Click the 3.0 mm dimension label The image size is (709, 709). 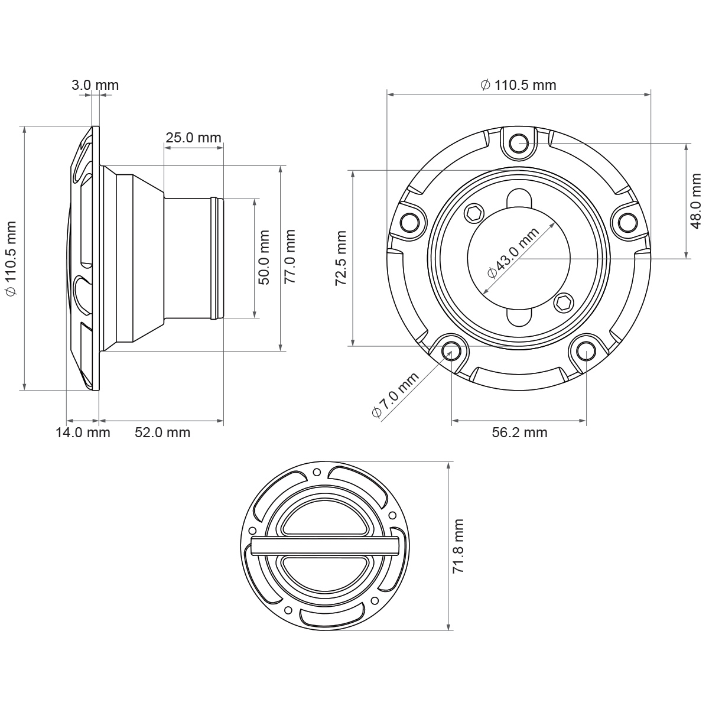(95, 85)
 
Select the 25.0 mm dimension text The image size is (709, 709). (193, 138)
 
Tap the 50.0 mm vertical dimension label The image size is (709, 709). (264, 258)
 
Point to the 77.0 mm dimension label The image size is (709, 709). (290, 256)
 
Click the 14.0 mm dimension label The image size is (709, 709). (83, 432)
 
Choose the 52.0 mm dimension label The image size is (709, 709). (162, 432)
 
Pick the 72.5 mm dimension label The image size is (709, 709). (341, 258)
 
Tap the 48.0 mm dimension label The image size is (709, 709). (696, 201)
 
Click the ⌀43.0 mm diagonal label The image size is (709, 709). (513, 253)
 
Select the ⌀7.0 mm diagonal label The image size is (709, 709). (395, 395)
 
